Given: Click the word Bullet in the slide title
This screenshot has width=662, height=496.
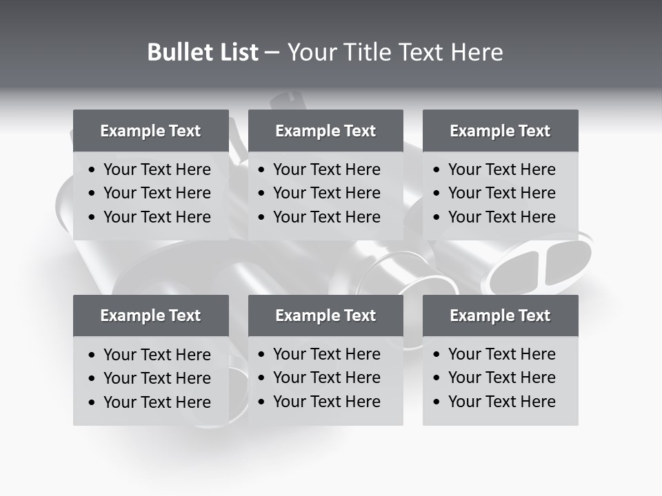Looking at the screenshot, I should point(178,52).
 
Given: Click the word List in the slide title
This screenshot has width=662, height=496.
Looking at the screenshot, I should point(237,52).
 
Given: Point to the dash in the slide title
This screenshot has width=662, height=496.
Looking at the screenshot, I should point(272,53).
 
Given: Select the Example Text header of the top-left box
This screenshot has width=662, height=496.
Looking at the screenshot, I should point(150,131).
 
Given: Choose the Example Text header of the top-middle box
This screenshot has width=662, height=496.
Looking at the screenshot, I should point(325,131).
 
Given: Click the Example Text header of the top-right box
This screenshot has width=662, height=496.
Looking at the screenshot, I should point(500,131).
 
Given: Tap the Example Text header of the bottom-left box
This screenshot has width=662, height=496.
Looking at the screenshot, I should point(150,316).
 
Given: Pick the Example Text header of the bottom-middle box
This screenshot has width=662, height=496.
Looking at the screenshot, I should point(325,316).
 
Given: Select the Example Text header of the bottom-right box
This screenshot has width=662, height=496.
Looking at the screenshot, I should point(500,316).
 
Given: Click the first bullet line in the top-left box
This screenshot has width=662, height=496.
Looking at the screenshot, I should point(157,169).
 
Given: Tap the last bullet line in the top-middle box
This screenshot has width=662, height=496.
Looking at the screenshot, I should point(326,217).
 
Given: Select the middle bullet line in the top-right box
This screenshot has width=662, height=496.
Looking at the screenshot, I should point(501,193).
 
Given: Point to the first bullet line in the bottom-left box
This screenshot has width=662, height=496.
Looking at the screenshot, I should point(157,355).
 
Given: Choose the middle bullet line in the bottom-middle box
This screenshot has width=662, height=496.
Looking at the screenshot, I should point(326,378).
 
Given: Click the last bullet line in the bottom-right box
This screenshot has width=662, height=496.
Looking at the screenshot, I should point(501,402).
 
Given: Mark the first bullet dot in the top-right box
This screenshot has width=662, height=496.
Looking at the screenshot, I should point(437,170).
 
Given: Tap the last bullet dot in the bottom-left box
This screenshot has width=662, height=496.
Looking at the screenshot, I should point(92,403).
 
